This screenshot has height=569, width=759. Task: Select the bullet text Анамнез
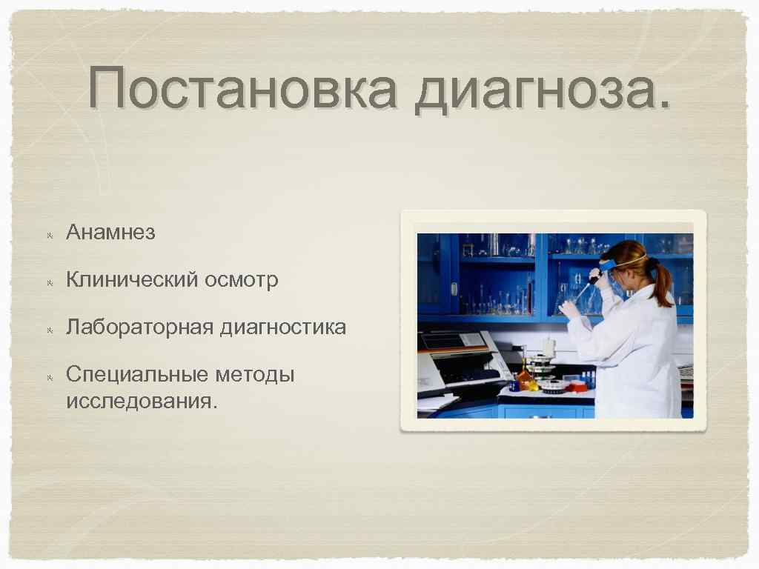coord(110,233)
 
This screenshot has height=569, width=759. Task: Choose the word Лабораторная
coord(139,327)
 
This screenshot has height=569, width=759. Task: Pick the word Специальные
coord(137,375)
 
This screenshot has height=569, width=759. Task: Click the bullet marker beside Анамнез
coord(49,234)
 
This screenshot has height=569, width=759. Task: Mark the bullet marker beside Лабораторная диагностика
coord(49,329)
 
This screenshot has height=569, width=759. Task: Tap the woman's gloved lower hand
coord(569,308)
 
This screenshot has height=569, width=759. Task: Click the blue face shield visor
coord(609,264)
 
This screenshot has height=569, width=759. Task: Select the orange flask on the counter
coord(525,377)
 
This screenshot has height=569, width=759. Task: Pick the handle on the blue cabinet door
coord(453,288)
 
